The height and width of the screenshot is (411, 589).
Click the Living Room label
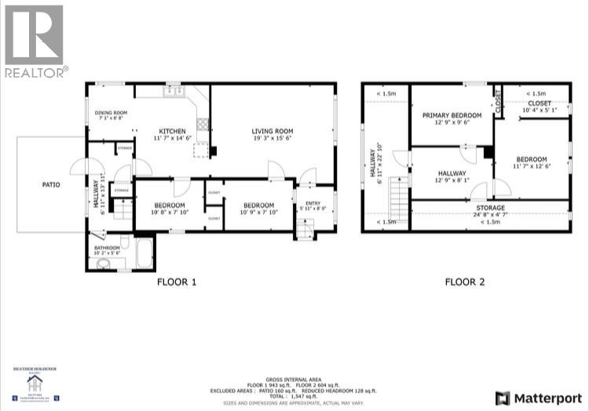(272, 131)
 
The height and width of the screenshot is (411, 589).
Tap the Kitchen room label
(172, 131)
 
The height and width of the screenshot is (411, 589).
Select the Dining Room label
(111, 113)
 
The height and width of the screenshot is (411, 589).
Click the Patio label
(51, 185)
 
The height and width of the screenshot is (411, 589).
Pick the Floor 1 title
(176, 282)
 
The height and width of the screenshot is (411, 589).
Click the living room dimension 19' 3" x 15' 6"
(272, 139)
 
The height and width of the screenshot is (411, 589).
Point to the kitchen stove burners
(203, 124)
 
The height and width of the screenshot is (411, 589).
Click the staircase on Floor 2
(400, 201)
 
